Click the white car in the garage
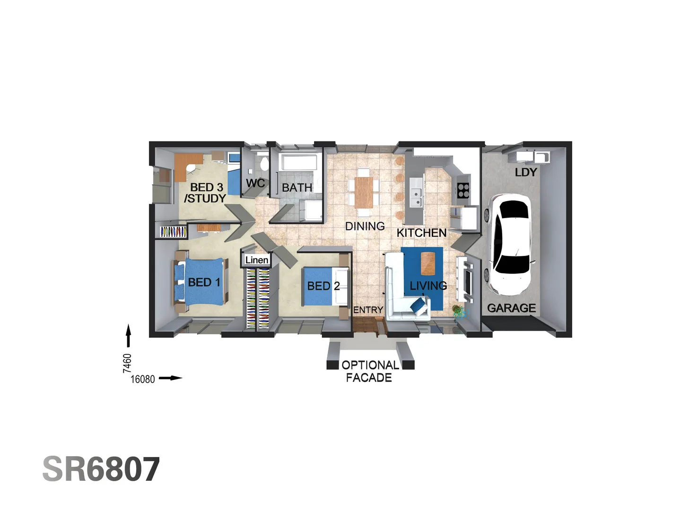510,244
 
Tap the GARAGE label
511,308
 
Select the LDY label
526,173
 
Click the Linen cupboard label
257,260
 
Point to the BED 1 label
204,282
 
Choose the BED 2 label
323,286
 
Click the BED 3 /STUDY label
205,193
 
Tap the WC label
255,183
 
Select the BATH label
297,188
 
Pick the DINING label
365,227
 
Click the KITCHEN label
421,233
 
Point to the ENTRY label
368,310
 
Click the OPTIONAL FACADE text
369,371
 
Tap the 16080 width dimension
142,379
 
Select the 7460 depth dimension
127,363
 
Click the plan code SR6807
101,469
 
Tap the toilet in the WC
264,163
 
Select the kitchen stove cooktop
463,190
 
